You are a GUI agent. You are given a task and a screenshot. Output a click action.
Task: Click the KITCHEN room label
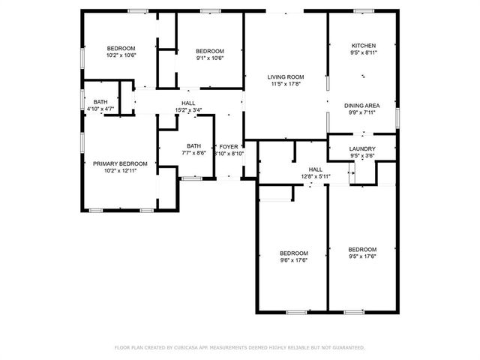363,46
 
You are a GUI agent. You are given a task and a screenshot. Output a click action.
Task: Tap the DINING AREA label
361,106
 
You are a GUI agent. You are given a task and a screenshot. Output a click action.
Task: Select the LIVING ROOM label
286,76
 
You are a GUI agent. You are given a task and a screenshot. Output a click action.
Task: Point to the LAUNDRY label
362,149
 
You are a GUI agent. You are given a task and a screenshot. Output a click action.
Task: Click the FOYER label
228,146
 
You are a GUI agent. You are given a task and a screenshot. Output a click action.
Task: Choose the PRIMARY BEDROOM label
120,163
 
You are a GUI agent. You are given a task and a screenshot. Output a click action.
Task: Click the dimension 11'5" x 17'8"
286,84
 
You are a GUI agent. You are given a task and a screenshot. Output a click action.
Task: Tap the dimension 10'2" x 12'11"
120,170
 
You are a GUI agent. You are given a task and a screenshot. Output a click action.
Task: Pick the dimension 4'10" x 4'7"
100,109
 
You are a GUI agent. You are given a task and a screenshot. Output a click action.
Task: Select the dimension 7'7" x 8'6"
194,153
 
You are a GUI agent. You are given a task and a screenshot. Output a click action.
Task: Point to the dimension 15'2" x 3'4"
188,110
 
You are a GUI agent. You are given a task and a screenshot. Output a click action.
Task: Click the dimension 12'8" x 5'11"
316,176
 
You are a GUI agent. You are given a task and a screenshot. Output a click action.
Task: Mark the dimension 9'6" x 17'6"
294,260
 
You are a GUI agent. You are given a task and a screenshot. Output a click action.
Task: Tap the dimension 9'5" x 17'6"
362,256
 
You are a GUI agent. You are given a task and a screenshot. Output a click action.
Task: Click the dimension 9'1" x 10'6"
209,57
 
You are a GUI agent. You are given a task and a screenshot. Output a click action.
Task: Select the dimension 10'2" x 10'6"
120,55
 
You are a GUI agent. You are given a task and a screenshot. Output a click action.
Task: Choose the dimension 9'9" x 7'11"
361,113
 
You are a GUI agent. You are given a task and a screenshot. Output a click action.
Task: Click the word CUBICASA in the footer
190,348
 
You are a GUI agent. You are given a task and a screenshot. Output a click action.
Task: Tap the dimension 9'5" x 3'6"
362,157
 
